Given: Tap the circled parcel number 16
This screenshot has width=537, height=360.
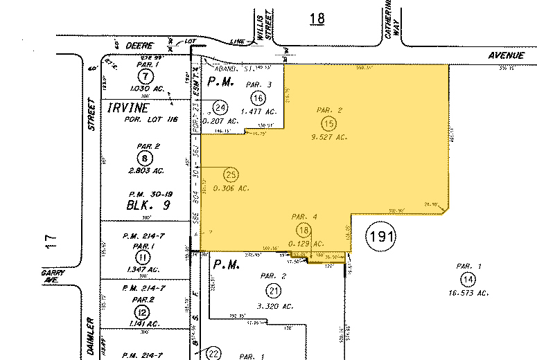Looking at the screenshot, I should point(258,97).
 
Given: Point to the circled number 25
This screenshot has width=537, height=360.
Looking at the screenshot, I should point(231,174).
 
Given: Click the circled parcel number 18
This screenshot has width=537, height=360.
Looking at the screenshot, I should point(303,230).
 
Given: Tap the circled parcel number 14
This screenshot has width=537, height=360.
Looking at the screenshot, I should point(468,279).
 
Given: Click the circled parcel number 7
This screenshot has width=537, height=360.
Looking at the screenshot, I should point(143,75).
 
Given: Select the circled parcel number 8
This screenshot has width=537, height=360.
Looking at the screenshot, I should point(145,157).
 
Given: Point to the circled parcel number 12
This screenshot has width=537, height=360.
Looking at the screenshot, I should point(144,310).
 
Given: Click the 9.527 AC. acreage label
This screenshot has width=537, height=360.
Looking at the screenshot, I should point(329,137).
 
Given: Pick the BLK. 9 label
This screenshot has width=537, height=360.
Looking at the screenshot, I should point(143,206).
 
